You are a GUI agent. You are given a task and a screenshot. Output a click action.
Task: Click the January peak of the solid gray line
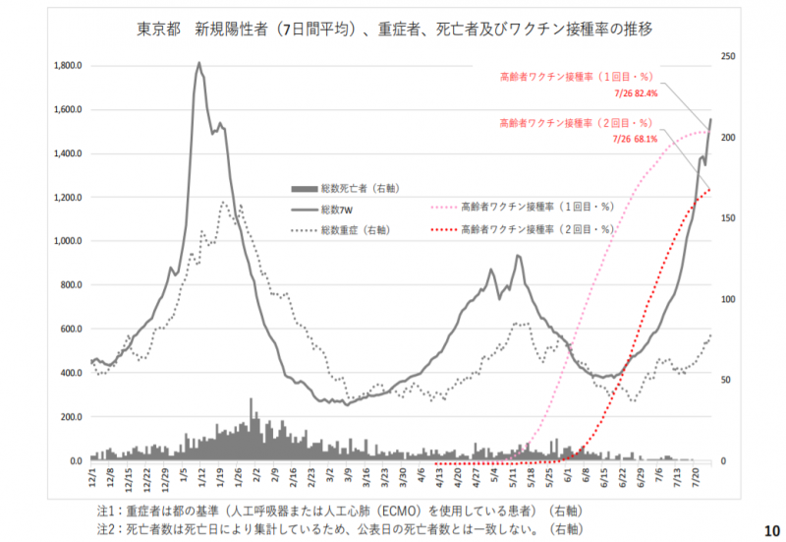coord(199,64)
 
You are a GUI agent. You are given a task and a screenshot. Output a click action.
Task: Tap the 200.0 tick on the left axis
coord(69,417)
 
